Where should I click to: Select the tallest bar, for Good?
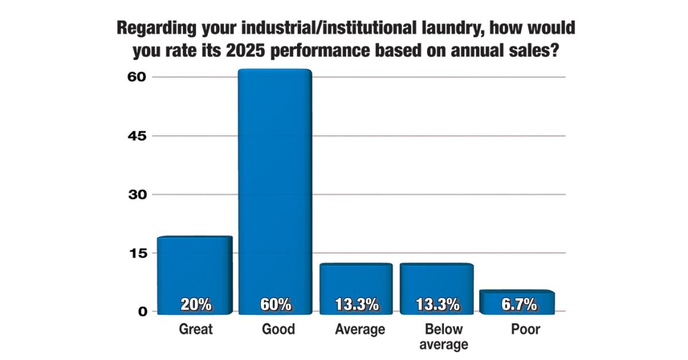coord(275,189)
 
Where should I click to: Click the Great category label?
coord(196,330)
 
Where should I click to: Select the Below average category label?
coord(443,337)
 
